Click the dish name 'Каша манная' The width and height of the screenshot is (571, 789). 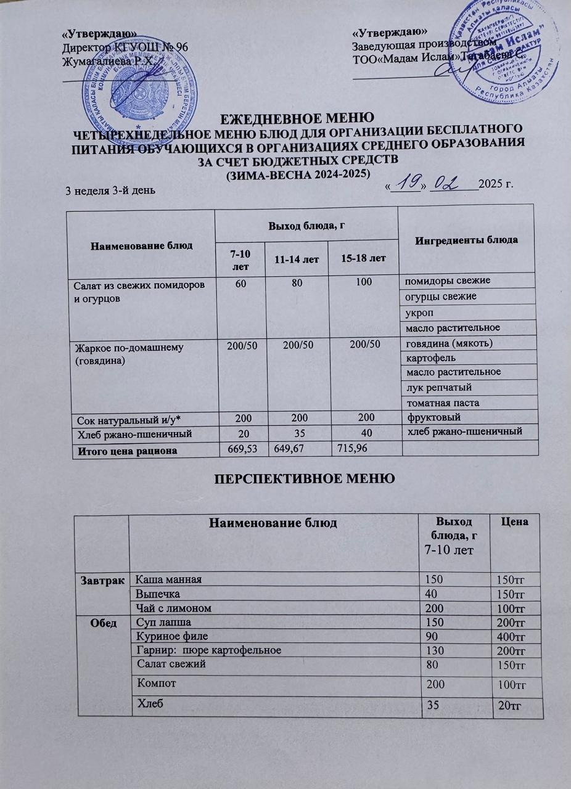click(168, 579)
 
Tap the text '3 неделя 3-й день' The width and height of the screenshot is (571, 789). click(110, 190)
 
